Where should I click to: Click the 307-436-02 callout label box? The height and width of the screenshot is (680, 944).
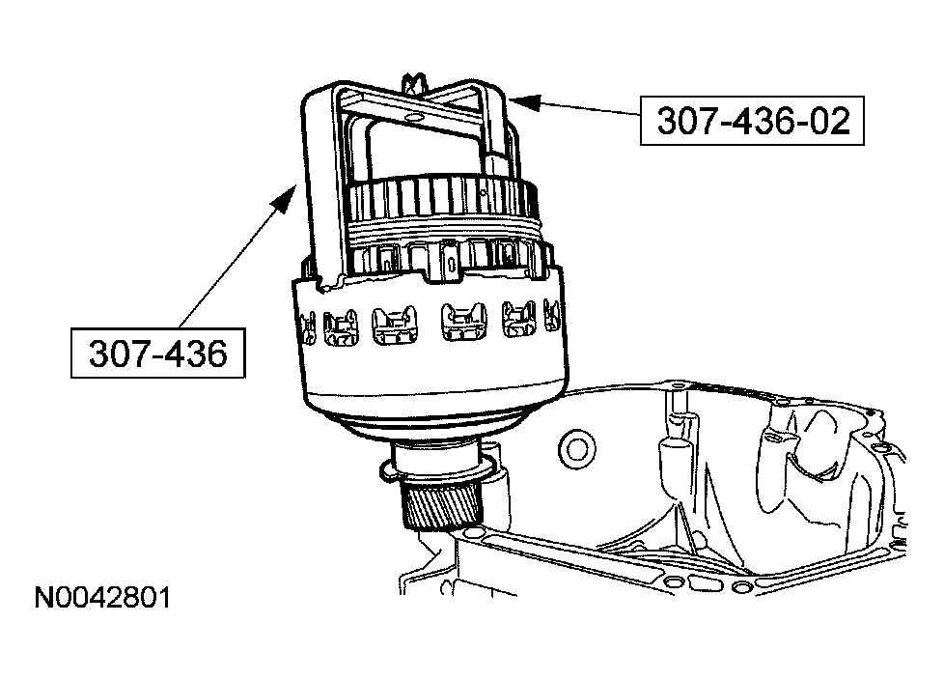[x=751, y=121]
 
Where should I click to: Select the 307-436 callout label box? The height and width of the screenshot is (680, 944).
[x=157, y=353]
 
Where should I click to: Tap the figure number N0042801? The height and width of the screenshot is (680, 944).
[x=102, y=598]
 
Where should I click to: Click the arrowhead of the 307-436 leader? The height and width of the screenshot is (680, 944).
[x=284, y=198]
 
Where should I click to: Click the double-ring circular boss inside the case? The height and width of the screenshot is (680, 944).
[x=577, y=448]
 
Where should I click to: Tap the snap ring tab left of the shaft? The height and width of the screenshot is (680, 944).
[x=385, y=468]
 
